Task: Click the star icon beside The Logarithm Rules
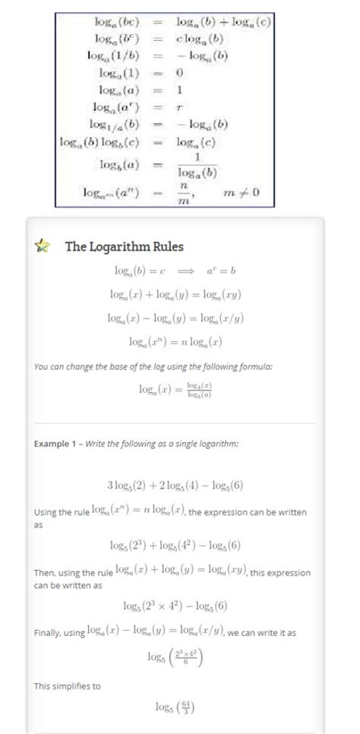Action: [44, 246]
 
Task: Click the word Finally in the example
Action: [48, 633]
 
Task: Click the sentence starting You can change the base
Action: [153, 366]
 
